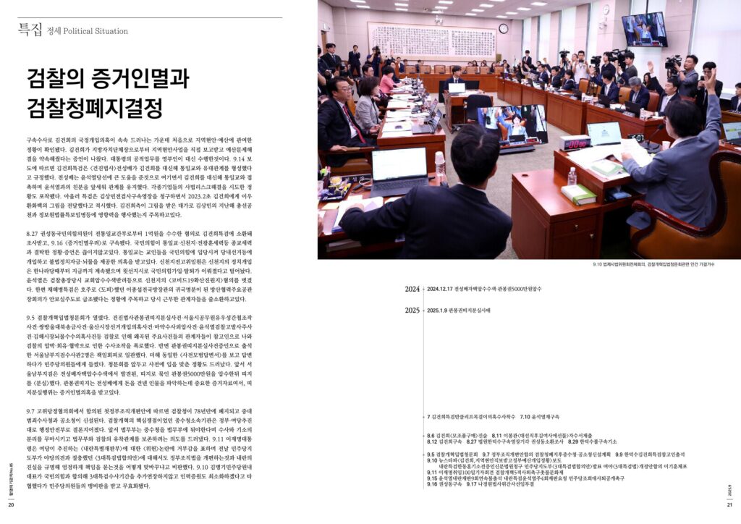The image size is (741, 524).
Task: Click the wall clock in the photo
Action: pos(503,29)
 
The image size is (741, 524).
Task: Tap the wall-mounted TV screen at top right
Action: pos(644,29)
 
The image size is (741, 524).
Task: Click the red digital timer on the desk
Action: pos(575,143)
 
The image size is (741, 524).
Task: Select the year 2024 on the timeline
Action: pos(412,289)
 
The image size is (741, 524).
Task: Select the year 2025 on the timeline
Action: pos(412,310)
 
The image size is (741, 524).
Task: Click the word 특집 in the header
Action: pos(30,30)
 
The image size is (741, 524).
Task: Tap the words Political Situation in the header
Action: pos(95,31)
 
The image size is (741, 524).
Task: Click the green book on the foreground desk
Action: pos(579,194)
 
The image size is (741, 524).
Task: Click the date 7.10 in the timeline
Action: pos(526,418)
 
